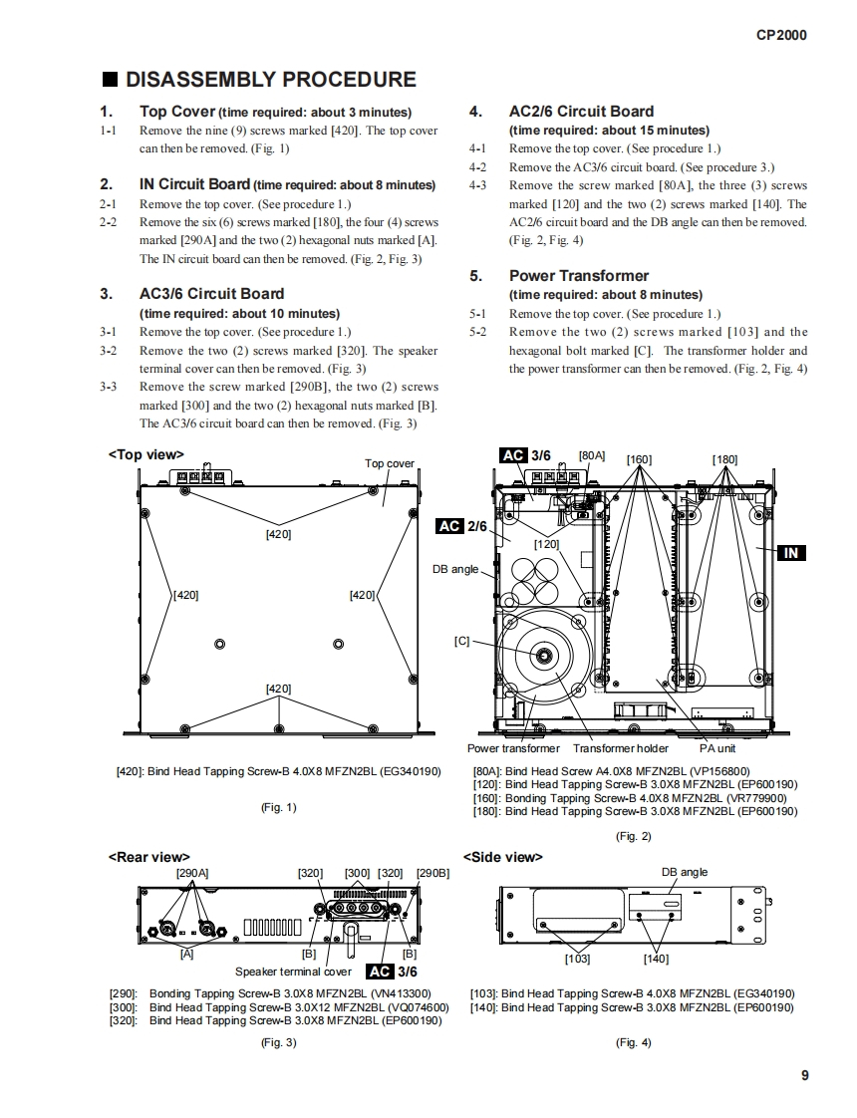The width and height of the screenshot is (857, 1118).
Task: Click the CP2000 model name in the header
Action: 781,35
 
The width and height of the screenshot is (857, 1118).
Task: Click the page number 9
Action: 803,1075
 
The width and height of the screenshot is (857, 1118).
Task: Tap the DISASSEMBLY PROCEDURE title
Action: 270,80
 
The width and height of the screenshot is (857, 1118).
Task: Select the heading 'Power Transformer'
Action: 578,276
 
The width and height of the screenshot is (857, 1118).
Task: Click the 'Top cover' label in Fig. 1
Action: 389,463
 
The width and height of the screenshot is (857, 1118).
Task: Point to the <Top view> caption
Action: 144,454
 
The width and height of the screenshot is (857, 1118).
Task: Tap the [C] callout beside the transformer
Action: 461,641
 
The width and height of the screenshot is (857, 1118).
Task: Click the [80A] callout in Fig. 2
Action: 592,455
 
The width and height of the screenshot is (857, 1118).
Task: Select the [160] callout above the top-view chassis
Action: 639,459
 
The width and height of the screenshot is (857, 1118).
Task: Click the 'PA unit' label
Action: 716,748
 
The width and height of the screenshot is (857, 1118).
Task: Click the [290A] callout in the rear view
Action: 191,873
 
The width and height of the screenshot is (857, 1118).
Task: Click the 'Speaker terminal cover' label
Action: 293,972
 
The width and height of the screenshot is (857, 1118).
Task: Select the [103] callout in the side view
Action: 577,959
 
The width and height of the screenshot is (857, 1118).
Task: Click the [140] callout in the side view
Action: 656,959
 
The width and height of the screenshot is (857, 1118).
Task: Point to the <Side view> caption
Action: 503,857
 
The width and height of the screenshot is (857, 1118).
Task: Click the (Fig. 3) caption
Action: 277,1042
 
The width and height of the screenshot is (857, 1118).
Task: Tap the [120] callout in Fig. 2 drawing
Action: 546,544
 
